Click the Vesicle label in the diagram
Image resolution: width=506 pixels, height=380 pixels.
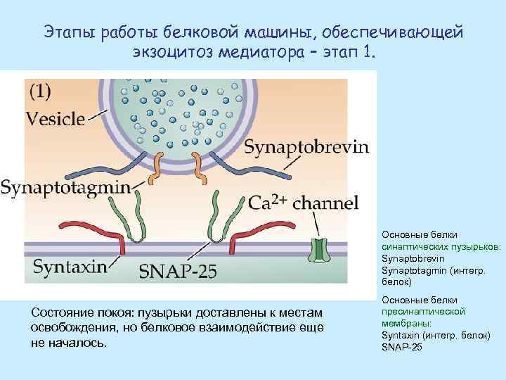[56, 119]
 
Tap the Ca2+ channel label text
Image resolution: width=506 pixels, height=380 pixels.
[304, 203]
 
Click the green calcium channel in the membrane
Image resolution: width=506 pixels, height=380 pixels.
[320, 251]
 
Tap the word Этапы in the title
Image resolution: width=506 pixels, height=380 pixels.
[70, 32]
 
